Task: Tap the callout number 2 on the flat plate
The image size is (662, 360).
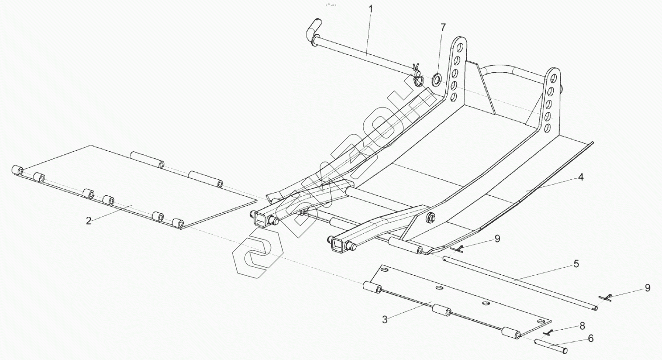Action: pyautogui.click(x=89, y=221)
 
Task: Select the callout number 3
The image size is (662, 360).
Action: pyautogui.click(x=385, y=319)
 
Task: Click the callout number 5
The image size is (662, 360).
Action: pyautogui.click(x=576, y=264)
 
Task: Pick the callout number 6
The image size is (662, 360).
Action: pyautogui.click(x=591, y=339)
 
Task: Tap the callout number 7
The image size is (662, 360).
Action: pyautogui.click(x=443, y=28)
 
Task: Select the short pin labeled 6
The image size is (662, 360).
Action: pyautogui.click(x=551, y=346)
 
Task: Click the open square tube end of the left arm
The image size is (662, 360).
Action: pyautogui.click(x=259, y=219)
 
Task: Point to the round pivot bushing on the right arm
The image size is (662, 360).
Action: pyautogui.click(x=431, y=218)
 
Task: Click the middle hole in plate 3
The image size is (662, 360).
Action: pyautogui.click(x=485, y=303)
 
